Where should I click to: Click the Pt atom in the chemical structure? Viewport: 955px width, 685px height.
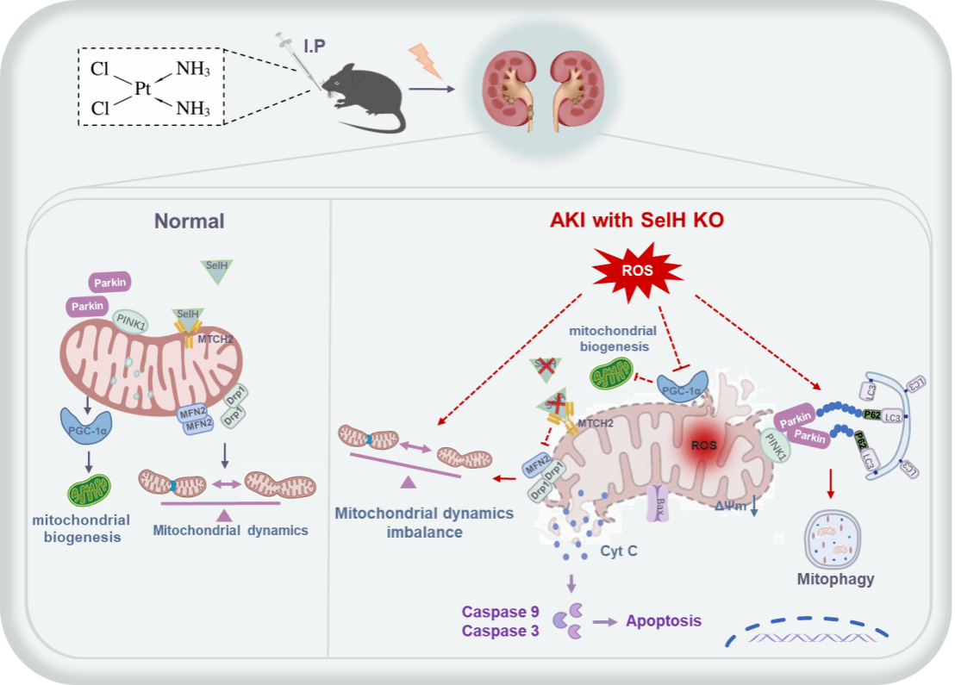[143, 88]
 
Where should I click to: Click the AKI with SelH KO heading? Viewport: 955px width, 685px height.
[636, 221]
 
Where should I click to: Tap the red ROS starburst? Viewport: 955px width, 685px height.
[637, 271]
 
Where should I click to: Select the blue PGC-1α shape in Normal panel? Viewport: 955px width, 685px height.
[84, 425]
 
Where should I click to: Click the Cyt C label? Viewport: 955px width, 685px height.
[619, 551]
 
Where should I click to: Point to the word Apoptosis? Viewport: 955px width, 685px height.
[664, 620]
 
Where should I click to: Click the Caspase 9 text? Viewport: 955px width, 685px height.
[501, 613]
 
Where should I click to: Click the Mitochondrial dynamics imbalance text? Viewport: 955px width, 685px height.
[425, 522]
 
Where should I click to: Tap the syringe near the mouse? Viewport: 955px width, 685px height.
[295, 60]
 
